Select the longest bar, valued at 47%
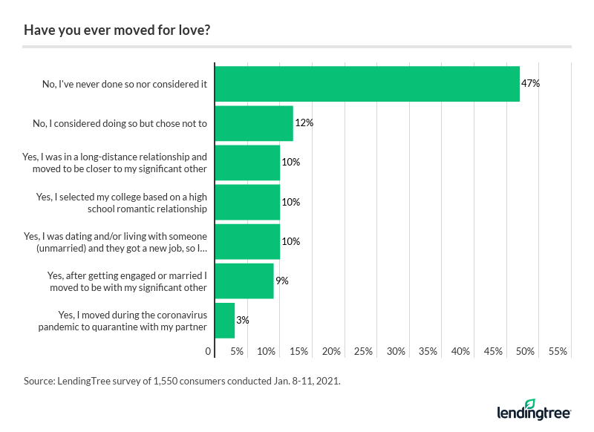[x=367, y=84]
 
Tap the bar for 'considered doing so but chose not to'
[x=254, y=123]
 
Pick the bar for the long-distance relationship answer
[x=247, y=163]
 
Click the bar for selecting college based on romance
[x=247, y=202]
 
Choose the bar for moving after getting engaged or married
[x=244, y=281]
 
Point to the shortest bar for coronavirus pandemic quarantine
[x=225, y=321]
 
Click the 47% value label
[x=530, y=84]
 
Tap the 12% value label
[x=304, y=123]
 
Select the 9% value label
[x=281, y=281]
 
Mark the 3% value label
[x=243, y=321]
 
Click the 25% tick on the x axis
[x=364, y=351]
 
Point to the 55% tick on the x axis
[x=558, y=351]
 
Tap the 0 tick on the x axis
[x=209, y=351]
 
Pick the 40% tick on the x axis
[x=461, y=351]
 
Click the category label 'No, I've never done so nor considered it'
[x=125, y=85]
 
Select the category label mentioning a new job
[x=115, y=242]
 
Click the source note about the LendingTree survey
[x=182, y=381]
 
